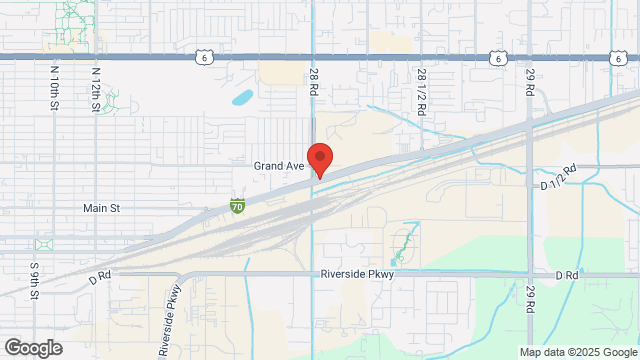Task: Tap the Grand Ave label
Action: [x=277, y=165]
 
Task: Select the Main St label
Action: [x=101, y=208]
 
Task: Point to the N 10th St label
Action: [x=54, y=87]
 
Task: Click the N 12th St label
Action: [x=96, y=87]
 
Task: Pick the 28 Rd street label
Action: [x=313, y=83]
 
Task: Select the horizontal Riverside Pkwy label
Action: [x=359, y=273]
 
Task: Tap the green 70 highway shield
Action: [x=237, y=207]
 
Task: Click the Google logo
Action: [x=32, y=347]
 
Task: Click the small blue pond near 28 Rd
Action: [x=242, y=98]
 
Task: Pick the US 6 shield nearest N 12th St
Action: [x=203, y=59]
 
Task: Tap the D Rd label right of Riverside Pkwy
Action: [x=567, y=274]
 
